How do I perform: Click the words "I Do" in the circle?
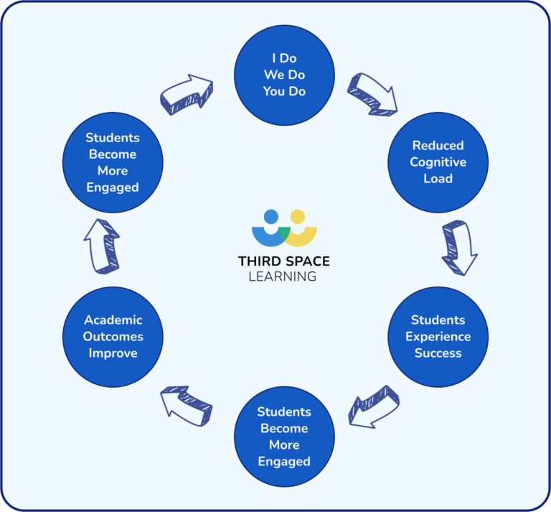[x=284, y=58]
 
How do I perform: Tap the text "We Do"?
[x=284, y=75]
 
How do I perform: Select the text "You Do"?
[x=284, y=91]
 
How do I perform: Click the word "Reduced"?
[x=438, y=145]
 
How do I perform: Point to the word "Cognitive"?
[x=438, y=162]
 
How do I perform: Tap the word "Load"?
[x=438, y=178]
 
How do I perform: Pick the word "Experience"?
[x=438, y=336]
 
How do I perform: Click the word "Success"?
[x=438, y=353]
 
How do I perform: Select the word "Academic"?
[x=113, y=320]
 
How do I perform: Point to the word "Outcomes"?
[x=113, y=336]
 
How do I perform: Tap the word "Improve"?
[x=113, y=353]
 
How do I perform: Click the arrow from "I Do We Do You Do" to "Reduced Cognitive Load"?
[x=372, y=94]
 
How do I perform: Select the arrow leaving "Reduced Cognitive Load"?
[x=459, y=247]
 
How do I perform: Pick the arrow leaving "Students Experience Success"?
[x=373, y=406]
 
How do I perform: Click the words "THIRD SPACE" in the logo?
[x=284, y=261]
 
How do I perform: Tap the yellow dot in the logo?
[x=297, y=215]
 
